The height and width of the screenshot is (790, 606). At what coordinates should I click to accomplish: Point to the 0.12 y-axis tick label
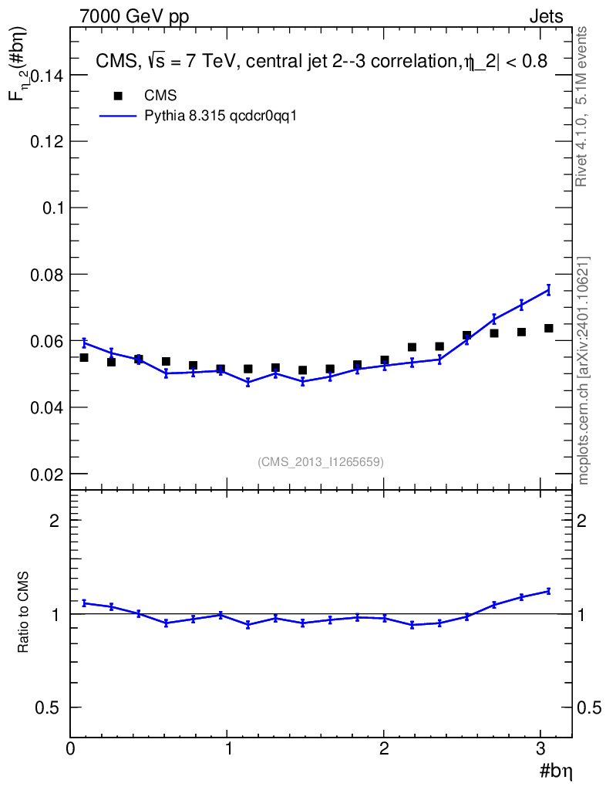click(x=47, y=142)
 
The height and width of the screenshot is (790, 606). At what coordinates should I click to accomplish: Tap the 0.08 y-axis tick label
click(x=47, y=275)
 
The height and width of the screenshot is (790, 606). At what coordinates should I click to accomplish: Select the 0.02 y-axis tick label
click(x=47, y=474)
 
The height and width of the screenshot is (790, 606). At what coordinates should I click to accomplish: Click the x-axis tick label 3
click(x=540, y=748)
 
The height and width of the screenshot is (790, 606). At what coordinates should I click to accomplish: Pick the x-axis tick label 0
click(x=70, y=748)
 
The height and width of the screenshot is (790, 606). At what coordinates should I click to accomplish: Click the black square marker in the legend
click(x=118, y=96)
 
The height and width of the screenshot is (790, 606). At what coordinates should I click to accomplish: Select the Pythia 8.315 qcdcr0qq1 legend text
click(x=221, y=116)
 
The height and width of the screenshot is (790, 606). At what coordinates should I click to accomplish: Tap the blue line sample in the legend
click(x=118, y=116)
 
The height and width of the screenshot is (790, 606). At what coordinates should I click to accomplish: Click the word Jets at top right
click(x=546, y=17)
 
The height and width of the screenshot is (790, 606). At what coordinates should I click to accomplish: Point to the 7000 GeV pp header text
click(x=134, y=17)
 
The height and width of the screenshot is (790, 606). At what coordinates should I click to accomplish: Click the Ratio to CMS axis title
click(x=23, y=612)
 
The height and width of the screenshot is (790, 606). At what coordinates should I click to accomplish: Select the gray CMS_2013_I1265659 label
click(x=321, y=461)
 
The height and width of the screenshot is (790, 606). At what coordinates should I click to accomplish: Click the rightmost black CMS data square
click(x=549, y=329)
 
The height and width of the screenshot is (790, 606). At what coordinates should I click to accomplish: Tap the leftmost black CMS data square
click(x=84, y=358)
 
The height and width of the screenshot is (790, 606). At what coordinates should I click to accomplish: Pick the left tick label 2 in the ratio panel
click(x=55, y=521)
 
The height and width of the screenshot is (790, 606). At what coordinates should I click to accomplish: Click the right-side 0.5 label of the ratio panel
click(x=589, y=708)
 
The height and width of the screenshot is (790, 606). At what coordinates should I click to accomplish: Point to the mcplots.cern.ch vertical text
click(x=584, y=371)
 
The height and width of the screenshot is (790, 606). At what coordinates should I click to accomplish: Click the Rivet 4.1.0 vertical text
click(x=581, y=106)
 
